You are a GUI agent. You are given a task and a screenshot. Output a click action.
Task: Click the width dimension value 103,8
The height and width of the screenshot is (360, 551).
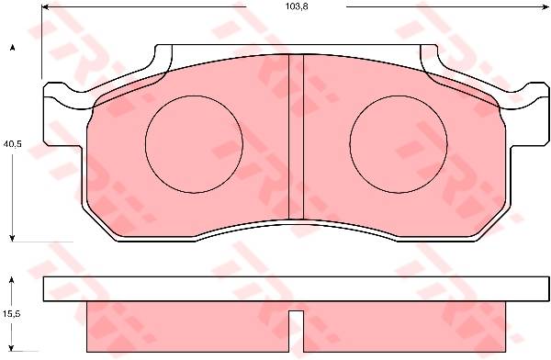297,6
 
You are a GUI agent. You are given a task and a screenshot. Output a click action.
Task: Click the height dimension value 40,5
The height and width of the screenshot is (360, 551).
12,143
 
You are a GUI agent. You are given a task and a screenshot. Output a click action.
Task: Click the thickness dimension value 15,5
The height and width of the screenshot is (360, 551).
12,313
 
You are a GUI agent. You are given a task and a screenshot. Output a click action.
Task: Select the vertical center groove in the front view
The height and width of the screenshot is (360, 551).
296,137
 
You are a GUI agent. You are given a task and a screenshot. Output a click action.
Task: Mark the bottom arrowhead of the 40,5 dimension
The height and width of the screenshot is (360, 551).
12,238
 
